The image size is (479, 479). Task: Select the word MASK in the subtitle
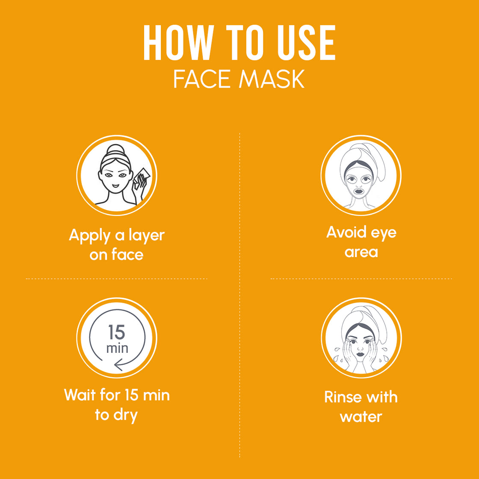pos(272,79)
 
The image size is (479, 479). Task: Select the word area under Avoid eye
pos(361,252)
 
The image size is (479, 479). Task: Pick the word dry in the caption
pos(125,415)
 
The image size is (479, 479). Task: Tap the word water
pos(361,417)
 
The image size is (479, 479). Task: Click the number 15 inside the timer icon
pos(116,332)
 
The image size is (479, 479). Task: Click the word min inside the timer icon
pos(117,348)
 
